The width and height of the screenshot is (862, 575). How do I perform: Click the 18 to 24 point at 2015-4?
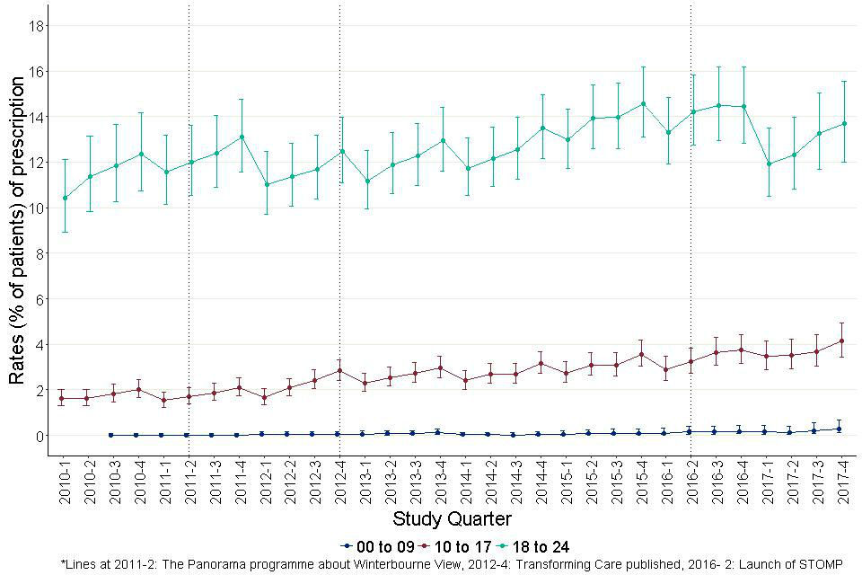(643, 103)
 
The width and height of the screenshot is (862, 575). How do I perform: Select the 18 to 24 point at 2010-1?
(64, 198)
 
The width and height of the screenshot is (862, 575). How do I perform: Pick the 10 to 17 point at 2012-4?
(339, 370)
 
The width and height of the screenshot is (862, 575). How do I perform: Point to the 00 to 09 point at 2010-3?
(111, 435)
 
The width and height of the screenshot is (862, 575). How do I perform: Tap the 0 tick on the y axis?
(41, 436)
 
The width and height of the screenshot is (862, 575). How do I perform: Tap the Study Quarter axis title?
(453, 519)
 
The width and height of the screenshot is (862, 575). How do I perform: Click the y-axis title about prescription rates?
(17, 231)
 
